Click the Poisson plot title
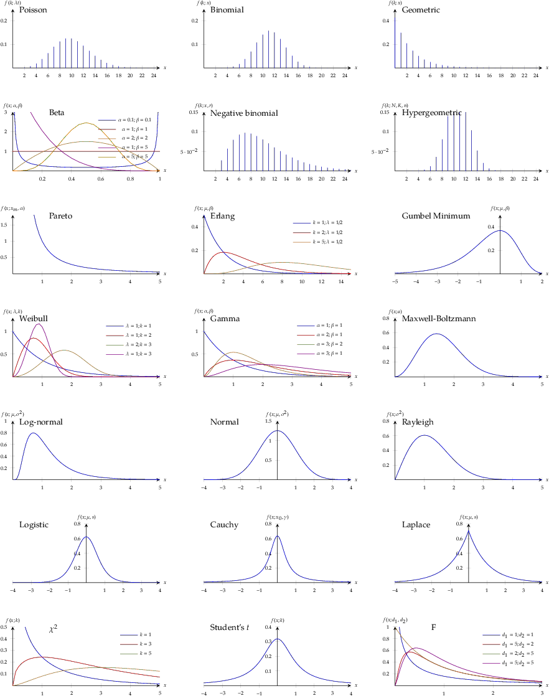point(33,11)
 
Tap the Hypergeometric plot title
point(432,113)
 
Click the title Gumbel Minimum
point(436,216)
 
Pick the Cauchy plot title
point(224,525)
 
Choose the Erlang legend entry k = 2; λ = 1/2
point(317,232)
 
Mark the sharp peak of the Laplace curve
point(468,531)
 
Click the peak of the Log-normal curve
point(33,433)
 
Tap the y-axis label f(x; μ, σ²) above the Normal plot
point(277,414)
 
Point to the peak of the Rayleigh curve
point(424,435)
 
